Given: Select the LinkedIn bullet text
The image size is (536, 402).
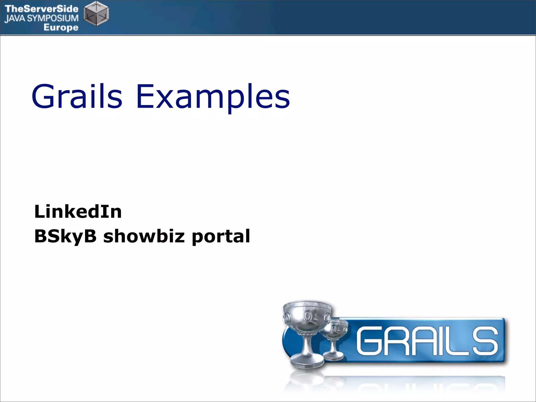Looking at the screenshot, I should [x=78, y=211].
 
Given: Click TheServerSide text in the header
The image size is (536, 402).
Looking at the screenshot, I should [x=41, y=9].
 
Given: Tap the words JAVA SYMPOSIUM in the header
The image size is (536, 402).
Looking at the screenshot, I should [x=41, y=18].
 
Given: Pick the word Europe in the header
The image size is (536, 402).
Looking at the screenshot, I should [x=61, y=27].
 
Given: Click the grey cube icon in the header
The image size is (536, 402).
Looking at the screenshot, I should [x=96, y=14].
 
